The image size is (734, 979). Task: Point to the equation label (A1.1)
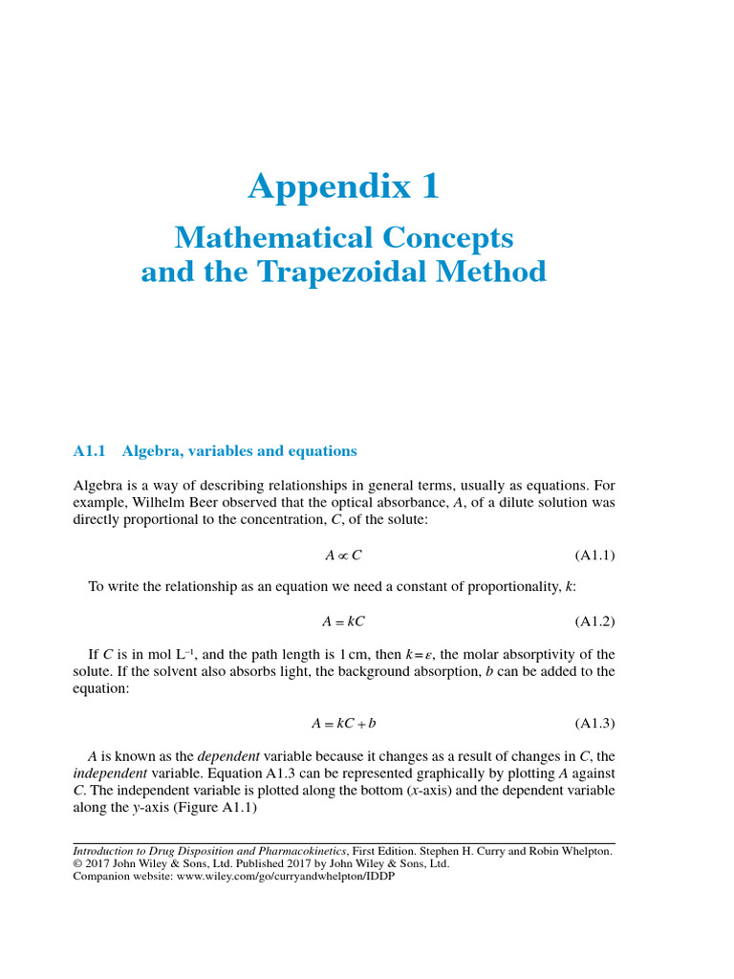[594, 555]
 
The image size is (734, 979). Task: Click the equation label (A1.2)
[594, 621]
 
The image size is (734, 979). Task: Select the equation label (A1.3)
[594, 724]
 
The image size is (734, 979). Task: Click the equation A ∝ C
[343, 555]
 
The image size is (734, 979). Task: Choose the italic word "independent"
[110, 772]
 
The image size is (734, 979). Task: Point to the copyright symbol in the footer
[78, 862]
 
